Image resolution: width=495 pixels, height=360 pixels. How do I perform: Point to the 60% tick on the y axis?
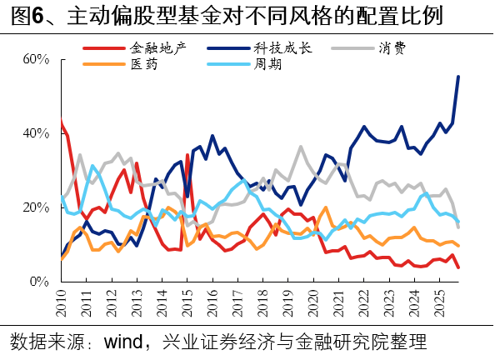37,60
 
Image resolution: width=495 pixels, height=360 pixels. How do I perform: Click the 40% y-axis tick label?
37,133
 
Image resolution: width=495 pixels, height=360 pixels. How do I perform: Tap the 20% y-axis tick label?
37,207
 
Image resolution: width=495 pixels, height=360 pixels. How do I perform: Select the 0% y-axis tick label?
41,282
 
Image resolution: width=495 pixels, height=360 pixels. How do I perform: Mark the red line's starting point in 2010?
62,122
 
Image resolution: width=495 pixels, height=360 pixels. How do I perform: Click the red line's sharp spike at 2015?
187,155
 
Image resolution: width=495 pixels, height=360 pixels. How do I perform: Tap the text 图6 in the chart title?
22,16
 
